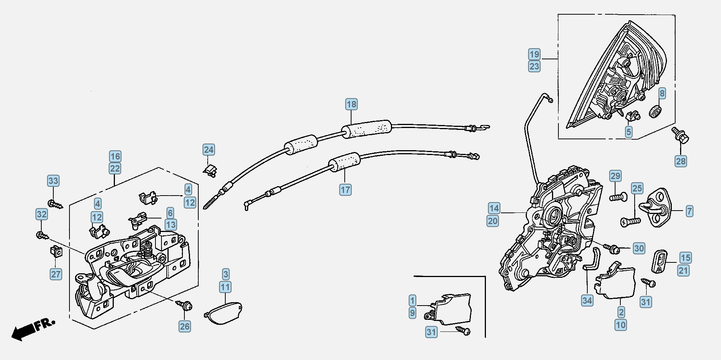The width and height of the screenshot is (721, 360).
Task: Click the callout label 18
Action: coord(351,104)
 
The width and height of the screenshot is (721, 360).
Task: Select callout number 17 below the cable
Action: coord(345,190)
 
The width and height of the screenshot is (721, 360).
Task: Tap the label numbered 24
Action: coord(209,150)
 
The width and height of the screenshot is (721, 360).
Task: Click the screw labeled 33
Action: coord(55,205)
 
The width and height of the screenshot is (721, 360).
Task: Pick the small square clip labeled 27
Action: coord(56,251)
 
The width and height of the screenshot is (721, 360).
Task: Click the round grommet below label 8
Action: coord(655,111)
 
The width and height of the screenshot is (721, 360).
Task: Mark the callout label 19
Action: coord(534,54)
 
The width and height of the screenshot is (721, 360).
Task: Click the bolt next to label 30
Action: coord(612,247)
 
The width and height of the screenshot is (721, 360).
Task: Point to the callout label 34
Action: coord(587,300)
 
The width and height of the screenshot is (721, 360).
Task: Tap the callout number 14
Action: coord(494,208)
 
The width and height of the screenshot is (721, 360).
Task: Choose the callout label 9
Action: coord(412,313)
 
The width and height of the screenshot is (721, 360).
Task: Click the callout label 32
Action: coord(42,214)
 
